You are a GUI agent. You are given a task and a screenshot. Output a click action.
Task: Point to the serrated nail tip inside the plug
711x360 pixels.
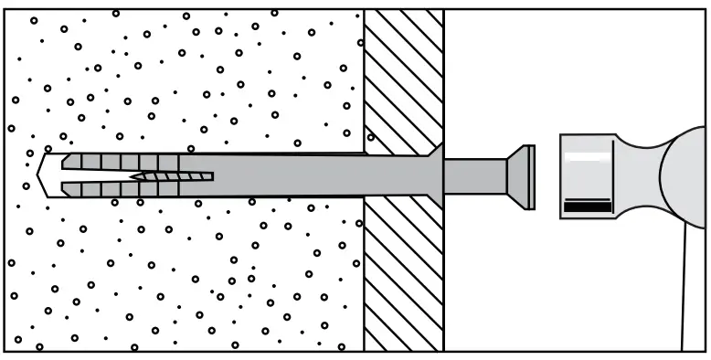coord(174,175)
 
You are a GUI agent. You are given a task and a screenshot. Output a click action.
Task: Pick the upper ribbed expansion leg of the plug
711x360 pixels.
coord(119,161)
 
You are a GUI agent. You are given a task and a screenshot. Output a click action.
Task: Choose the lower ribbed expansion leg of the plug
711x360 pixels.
coord(119,189)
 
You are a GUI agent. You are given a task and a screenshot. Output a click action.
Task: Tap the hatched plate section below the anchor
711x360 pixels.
coord(403,274)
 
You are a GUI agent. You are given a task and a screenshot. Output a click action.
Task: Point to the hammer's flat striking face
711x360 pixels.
coord(562,175)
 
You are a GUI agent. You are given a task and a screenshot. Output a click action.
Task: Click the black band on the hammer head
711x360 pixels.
coord(587,207)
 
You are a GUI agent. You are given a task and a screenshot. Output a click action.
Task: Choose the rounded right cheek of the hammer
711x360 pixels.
coord(687,175)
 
